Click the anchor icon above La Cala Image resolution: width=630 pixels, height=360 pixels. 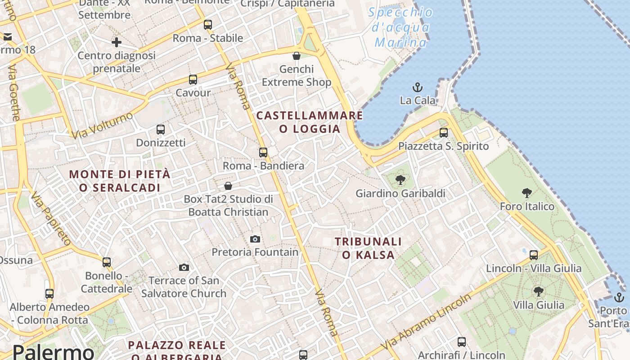tap(418, 87)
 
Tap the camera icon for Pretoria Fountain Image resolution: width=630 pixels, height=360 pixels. tap(255, 239)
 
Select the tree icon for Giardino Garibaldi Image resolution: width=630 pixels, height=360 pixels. tap(400, 180)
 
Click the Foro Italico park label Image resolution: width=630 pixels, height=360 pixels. tap(527, 207)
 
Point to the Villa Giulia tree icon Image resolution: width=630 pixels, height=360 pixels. tap(538, 292)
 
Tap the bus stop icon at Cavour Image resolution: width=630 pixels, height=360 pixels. tap(193, 80)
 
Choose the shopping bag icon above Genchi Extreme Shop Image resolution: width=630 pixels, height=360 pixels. tap(297, 56)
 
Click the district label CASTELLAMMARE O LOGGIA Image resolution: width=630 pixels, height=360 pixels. tap(310, 122)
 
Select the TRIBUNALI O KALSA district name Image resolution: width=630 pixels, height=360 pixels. tap(368, 248)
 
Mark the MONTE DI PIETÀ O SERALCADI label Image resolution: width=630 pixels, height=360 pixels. tap(120, 181)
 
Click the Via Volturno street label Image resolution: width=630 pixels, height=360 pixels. tap(103, 126)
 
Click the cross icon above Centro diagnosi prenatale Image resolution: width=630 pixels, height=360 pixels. tap(117, 42)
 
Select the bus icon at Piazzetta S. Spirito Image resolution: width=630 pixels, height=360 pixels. tap(444, 133)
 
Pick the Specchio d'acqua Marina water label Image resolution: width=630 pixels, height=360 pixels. tap(400, 27)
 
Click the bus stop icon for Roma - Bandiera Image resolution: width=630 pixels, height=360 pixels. tap(263, 153)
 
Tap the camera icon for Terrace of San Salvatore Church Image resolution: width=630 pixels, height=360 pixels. tap(184, 268)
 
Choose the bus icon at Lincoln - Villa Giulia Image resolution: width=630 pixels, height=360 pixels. tap(534, 255)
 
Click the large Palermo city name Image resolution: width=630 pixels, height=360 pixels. tap(53, 351)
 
